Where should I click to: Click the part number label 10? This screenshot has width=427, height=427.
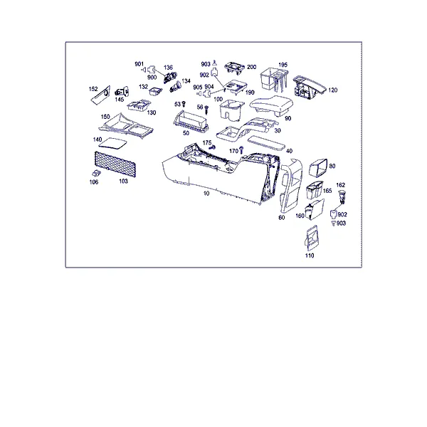pyautogui.click(x=206, y=194)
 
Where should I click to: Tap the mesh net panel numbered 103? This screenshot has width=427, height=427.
pyautogui.click(x=115, y=164)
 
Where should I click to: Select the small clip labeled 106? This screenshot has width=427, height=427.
pyautogui.click(x=96, y=173)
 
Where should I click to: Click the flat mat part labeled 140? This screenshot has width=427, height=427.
pyautogui.click(x=112, y=143)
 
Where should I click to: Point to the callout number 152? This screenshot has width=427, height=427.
pyautogui.click(x=93, y=89)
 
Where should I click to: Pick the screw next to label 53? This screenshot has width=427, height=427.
pyautogui.click(x=184, y=104)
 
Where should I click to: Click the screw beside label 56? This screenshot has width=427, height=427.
pyautogui.click(x=206, y=110)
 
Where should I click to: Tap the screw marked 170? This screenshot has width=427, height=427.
pyautogui.click(x=241, y=150)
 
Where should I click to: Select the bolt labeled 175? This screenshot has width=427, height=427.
pyautogui.click(x=212, y=147)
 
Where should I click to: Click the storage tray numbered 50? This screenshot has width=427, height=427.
pyautogui.click(x=191, y=121)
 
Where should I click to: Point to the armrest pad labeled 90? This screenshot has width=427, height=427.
pyautogui.click(x=272, y=105)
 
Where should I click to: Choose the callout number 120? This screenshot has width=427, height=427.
pyautogui.click(x=333, y=90)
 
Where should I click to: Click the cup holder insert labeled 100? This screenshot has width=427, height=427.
pyautogui.click(x=231, y=110)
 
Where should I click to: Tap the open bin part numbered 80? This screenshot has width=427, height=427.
pyautogui.click(x=318, y=167)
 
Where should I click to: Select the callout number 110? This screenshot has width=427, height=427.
pyautogui.click(x=310, y=255)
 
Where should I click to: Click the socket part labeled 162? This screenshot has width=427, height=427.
pyautogui.click(x=342, y=196)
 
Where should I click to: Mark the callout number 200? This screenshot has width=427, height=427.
pyautogui.click(x=251, y=67)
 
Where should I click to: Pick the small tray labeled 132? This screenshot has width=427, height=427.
pyautogui.click(x=155, y=91)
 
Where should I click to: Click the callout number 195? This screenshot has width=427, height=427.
pyautogui.click(x=283, y=65)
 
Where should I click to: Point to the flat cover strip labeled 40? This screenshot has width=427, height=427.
pyautogui.click(x=266, y=143)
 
